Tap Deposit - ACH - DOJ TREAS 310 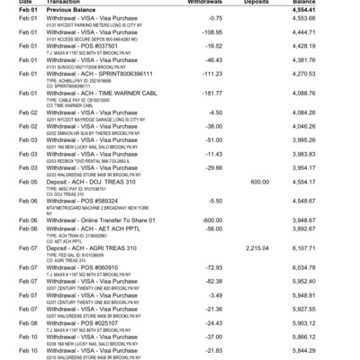(x=90, y=181)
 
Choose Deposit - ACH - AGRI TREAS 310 (x=91, y=247)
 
